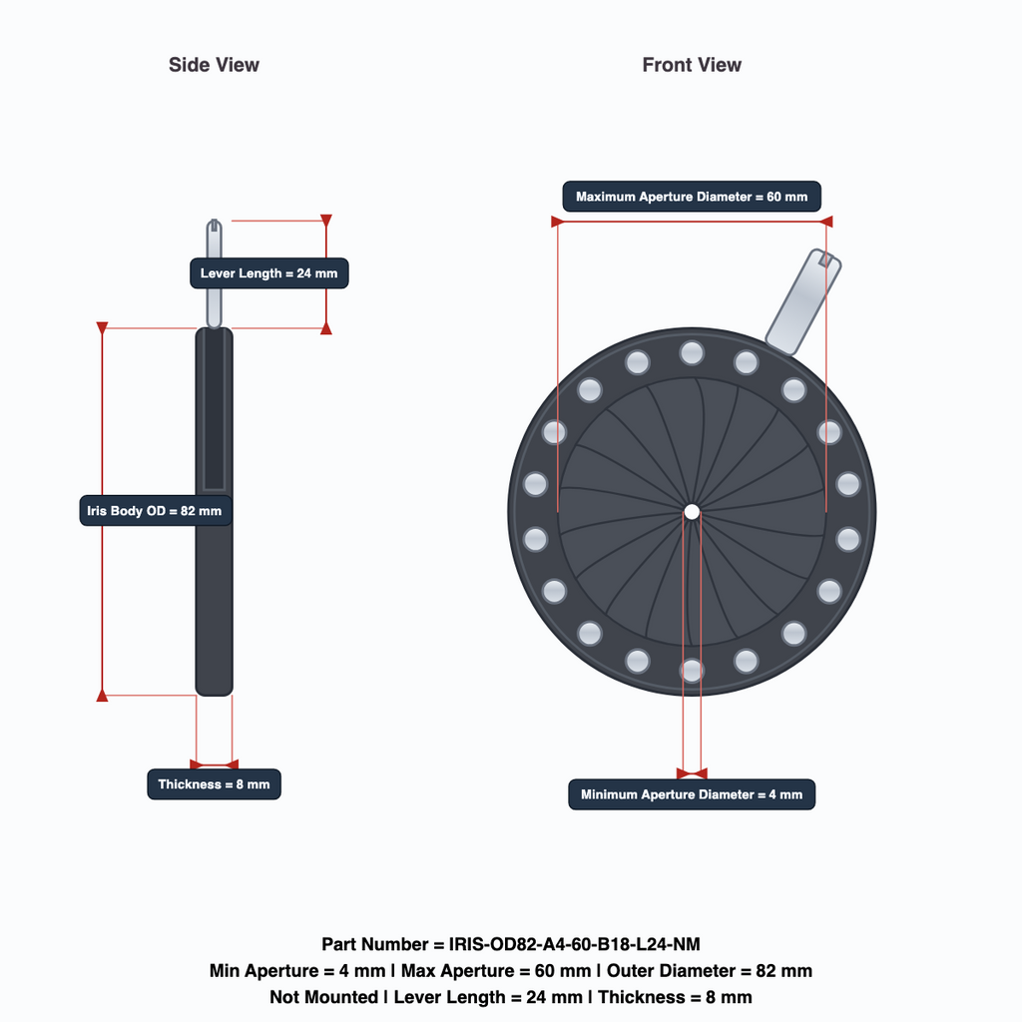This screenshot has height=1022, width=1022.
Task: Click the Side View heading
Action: pos(214,65)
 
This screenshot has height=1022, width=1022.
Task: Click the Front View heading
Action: pos(692,65)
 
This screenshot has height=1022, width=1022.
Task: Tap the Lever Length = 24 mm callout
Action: pos(269,273)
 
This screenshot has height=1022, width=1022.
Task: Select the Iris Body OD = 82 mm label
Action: pos(155,511)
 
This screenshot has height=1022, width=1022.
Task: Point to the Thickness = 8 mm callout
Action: pos(214,784)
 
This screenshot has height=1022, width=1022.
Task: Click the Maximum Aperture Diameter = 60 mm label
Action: pos(692,197)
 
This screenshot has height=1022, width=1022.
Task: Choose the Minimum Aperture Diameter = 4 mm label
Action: pos(692,794)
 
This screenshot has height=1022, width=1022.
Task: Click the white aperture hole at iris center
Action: pos(692,512)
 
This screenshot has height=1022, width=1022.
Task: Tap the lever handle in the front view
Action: pos(803,301)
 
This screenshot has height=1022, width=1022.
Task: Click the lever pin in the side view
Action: pos(214,273)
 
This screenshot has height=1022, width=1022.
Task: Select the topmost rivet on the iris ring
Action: pos(692,353)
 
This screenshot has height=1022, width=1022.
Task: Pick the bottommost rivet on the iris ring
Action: pos(692,670)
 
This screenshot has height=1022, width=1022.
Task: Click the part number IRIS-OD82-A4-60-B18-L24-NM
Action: pos(574,944)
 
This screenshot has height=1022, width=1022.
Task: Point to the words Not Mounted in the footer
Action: pos(324,997)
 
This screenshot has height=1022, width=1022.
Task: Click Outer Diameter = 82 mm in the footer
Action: pos(710,971)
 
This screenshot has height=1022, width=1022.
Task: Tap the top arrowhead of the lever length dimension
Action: pos(326,220)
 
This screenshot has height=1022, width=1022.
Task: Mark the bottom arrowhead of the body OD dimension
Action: pos(103,696)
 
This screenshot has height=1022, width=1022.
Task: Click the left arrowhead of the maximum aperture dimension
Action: pos(557,222)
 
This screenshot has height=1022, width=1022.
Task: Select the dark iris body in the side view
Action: pos(214,512)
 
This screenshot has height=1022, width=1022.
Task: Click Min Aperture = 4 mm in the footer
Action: pos(297,971)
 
